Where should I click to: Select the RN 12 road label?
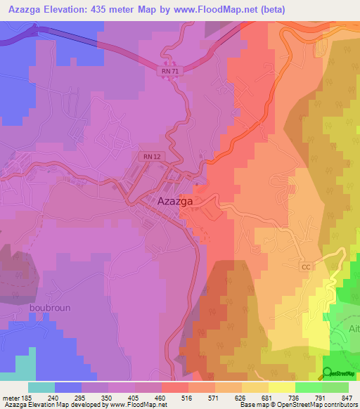150,156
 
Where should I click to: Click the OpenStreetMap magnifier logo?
328,373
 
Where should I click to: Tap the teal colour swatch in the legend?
41,387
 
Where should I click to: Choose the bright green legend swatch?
308,387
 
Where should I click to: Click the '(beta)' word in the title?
281,10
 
